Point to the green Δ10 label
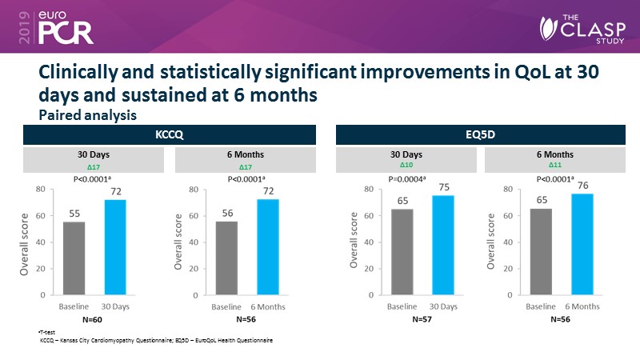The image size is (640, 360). coord(406,164)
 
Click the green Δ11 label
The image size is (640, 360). coord(557,164)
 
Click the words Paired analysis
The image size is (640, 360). coord(88,115)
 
